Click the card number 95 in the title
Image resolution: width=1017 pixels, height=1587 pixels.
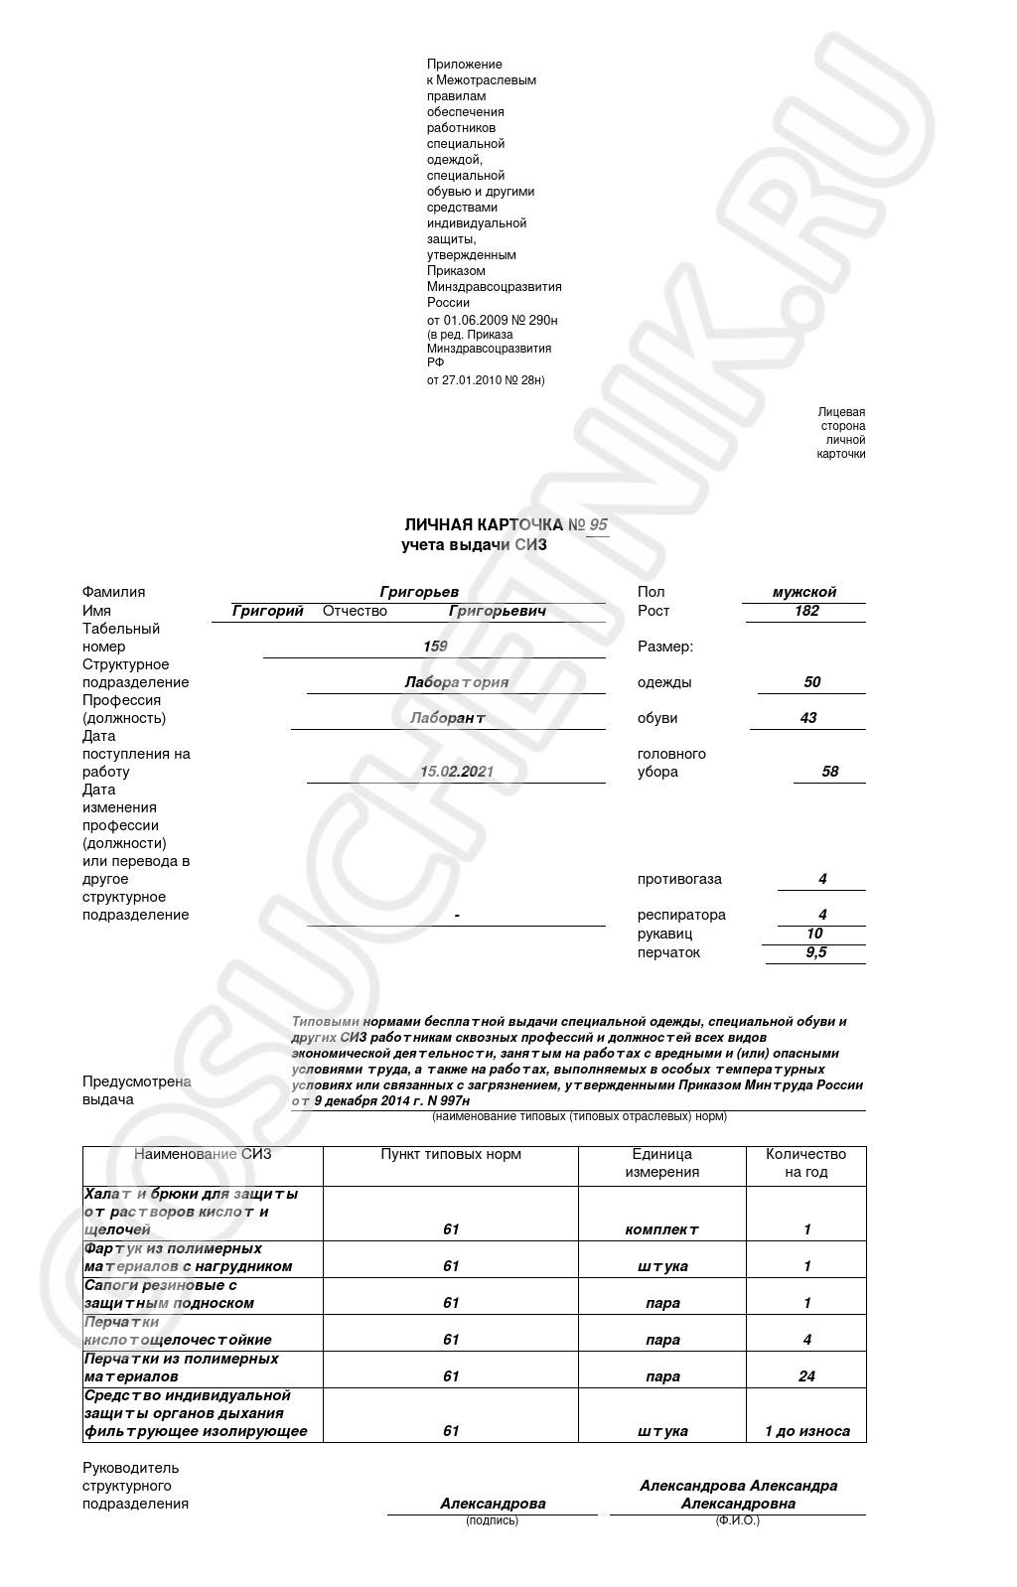pyautogui.click(x=598, y=525)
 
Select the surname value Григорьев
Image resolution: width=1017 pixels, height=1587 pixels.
pyautogui.click(x=419, y=592)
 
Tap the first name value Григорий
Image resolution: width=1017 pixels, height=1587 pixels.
pyautogui.click(x=267, y=611)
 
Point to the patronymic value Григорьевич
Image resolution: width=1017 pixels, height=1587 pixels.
pyautogui.click(x=498, y=611)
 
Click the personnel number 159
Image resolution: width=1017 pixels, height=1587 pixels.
pyautogui.click(x=435, y=647)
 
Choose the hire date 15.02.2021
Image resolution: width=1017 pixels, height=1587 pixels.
pyautogui.click(x=456, y=772)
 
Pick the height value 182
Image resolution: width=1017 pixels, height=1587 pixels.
pyautogui.click(x=806, y=611)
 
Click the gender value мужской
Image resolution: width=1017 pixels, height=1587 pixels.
pyautogui.click(x=804, y=592)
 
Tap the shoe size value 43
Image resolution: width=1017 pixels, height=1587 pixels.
pyautogui.click(x=808, y=718)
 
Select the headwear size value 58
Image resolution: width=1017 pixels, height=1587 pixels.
pyautogui.click(x=829, y=772)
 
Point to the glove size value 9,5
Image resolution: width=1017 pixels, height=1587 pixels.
pyautogui.click(x=816, y=952)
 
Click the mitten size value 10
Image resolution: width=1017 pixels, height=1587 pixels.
pyautogui.click(x=814, y=934)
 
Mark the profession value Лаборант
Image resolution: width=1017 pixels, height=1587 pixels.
pyautogui.click(x=448, y=718)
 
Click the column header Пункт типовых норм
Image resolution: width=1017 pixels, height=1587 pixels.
pyautogui.click(x=451, y=1154)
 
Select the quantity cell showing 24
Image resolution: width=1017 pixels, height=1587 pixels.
pyautogui.click(x=806, y=1376)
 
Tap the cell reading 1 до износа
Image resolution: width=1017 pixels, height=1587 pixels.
pyautogui.click(x=806, y=1431)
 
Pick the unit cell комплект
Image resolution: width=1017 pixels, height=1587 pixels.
pyautogui.click(x=662, y=1229)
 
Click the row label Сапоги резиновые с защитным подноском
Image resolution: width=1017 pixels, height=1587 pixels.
pyautogui.click(x=169, y=1294)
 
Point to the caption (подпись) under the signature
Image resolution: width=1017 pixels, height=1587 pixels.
pyautogui.click(x=492, y=1520)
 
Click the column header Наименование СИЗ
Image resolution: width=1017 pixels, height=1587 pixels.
pyautogui.click(x=203, y=1154)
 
